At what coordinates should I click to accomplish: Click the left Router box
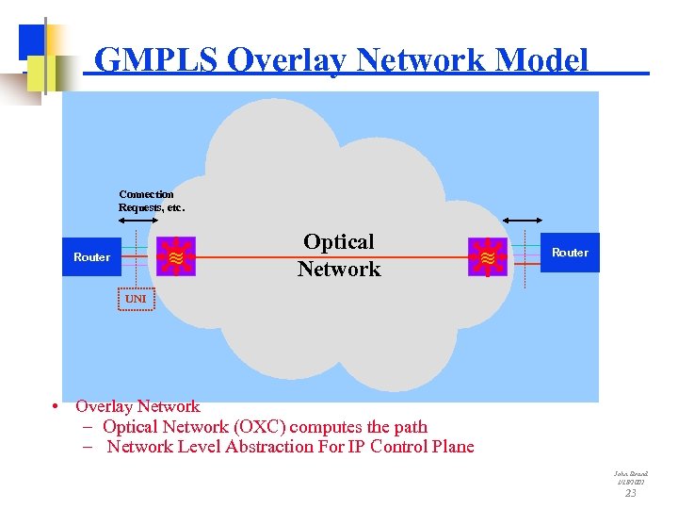pyautogui.click(x=90, y=256)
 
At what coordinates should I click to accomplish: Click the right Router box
pyautogui.click(x=570, y=253)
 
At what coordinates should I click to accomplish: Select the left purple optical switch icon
pyautogui.click(x=176, y=255)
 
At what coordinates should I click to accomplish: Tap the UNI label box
pyautogui.click(x=137, y=299)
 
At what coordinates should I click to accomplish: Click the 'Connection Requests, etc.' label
pyautogui.click(x=151, y=201)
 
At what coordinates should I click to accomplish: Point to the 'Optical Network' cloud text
pyautogui.click(x=339, y=255)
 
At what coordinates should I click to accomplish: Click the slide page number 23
pyautogui.click(x=631, y=493)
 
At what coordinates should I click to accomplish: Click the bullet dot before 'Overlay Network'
pyautogui.click(x=57, y=407)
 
